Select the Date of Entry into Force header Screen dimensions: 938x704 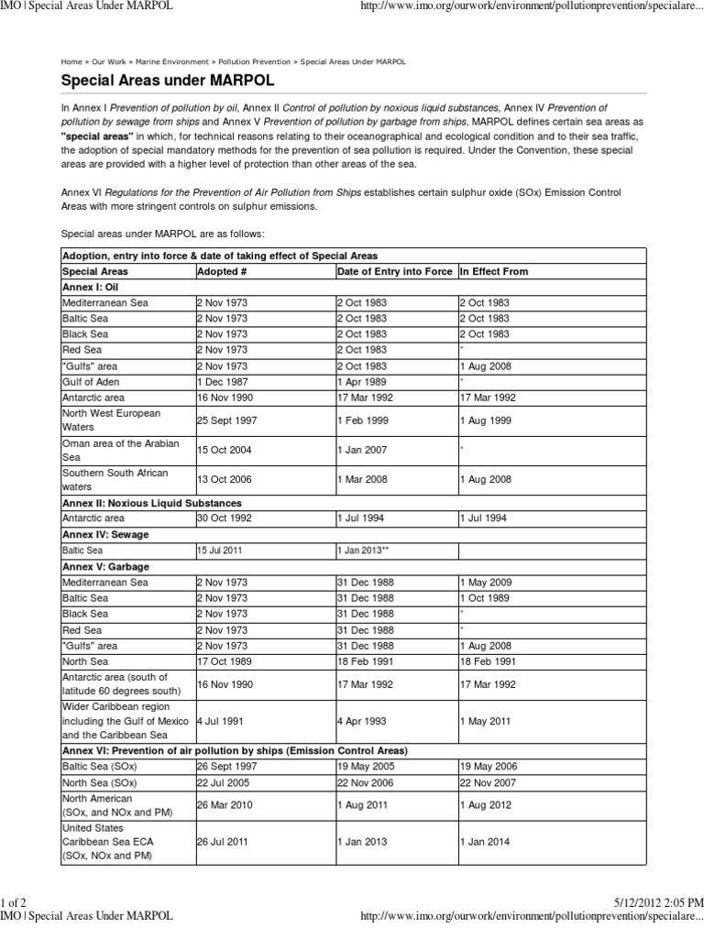(395, 272)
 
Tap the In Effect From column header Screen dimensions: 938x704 (494, 272)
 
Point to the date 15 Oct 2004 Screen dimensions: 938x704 (224, 450)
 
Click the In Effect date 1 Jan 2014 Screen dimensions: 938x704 (486, 842)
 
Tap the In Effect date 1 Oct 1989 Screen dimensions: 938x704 (486, 598)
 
